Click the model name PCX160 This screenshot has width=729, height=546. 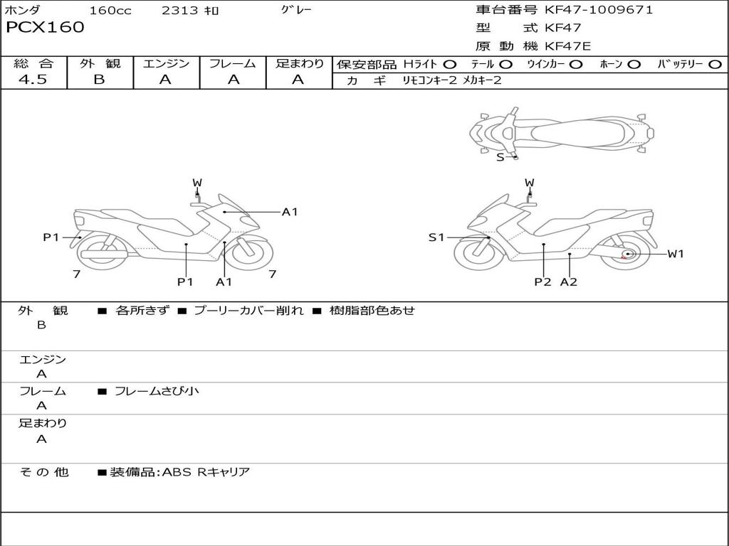tap(45, 28)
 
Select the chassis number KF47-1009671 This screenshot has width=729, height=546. tap(599, 10)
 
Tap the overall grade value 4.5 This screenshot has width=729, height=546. tap(33, 80)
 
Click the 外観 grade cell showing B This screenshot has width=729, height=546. tap(99, 80)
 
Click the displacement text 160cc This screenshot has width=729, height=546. tap(110, 11)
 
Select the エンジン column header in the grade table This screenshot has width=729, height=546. tap(166, 63)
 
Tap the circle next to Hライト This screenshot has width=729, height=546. tap(450, 64)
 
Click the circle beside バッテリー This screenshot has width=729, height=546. tap(715, 64)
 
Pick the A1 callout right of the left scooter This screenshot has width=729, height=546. tap(289, 211)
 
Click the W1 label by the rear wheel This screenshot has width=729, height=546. tap(675, 254)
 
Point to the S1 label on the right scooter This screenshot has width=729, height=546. tap(436, 237)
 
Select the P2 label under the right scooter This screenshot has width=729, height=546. tap(543, 282)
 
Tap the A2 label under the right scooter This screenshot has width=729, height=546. tap(569, 282)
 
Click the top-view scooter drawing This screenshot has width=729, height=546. tap(561, 132)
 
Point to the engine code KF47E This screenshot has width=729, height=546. tap(568, 46)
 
